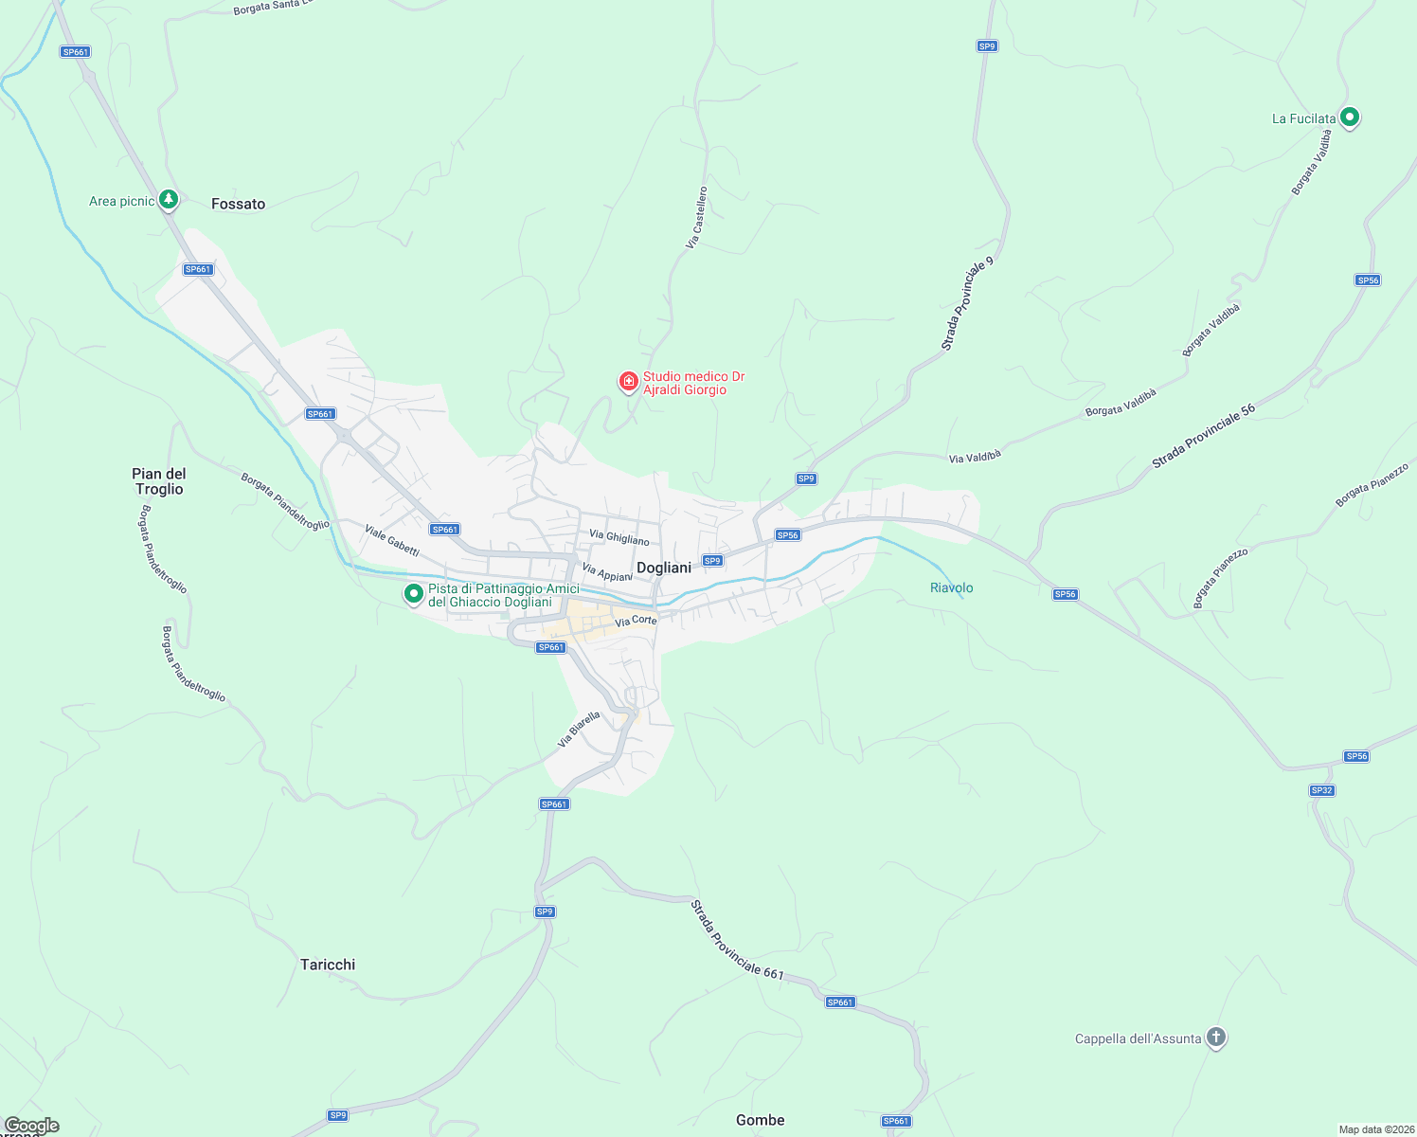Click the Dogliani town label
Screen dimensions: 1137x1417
pyautogui.click(x=664, y=568)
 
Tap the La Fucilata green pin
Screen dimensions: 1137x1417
pyautogui.click(x=1351, y=117)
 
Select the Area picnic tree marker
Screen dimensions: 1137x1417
pyautogui.click(x=169, y=199)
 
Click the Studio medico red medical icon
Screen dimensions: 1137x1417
pyautogui.click(x=628, y=381)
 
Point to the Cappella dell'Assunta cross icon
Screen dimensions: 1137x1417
pyautogui.click(x=1216, y=1038)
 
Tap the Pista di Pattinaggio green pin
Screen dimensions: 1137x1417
pyautogui.click(x=413, y=594)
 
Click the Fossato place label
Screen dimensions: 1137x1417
pyautogui.click(x=238, y=204)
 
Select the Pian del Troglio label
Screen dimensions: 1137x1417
pyautogui.click(x=159, y=481)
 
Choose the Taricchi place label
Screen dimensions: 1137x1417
pyautogui.click(x=328, y=965)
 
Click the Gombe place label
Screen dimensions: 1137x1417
pyautogui.click(x=760, y=1120)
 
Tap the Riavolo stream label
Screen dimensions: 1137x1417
pyautogui.click(x=951, y=587)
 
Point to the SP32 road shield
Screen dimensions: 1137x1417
pyautogui.click(x=1321, y=790)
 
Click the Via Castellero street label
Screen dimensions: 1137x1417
pyautogui.click(x=697, y=218)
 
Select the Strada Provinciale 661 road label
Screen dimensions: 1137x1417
pyautogui.click(x=737, y=940)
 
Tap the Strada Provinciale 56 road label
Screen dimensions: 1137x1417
pyautogui.click(x=1203, y=436)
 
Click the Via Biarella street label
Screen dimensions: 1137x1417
pyautogui.click(x=579, y=730)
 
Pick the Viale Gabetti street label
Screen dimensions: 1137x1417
pyautogui.click(x=392, y=540)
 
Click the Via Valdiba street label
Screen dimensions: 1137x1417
pyautogui.click(x=975, y=457)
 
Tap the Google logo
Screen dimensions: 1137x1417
pyautogui.click(x=31, y=1126)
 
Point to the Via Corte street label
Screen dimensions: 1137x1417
pyautogui.click(x=636, y=622)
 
